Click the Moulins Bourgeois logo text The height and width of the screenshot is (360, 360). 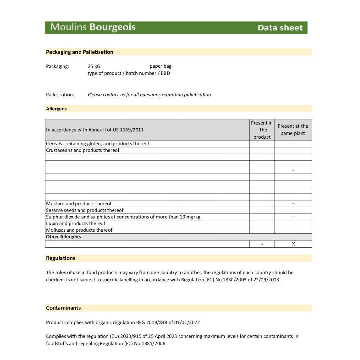coord(93,27)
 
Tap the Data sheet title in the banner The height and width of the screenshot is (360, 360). coord(280,28)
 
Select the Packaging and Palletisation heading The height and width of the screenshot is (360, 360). coord(80,52)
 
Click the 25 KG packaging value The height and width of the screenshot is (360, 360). coord(94,66)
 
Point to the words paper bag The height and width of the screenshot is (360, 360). coord(160,66)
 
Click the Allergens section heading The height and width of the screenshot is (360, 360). coord(56,109)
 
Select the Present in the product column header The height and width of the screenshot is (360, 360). coord(262,130)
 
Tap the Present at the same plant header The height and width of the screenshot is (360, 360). coord(293,130)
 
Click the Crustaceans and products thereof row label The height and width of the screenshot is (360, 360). coord(83,150)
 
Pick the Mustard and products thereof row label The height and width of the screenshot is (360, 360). coord(79,204)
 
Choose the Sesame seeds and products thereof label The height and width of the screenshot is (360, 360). coord(85,210)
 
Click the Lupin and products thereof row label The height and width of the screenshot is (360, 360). coord(76,223)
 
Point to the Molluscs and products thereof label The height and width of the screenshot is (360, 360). coord(79,230)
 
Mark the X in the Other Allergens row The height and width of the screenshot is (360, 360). coord(293,244)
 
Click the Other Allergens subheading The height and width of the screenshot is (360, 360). coord(63,237)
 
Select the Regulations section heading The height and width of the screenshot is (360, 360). coord(61,258)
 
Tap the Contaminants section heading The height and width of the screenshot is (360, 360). coord(63,308)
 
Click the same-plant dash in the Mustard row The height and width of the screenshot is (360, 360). coord(293,204)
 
